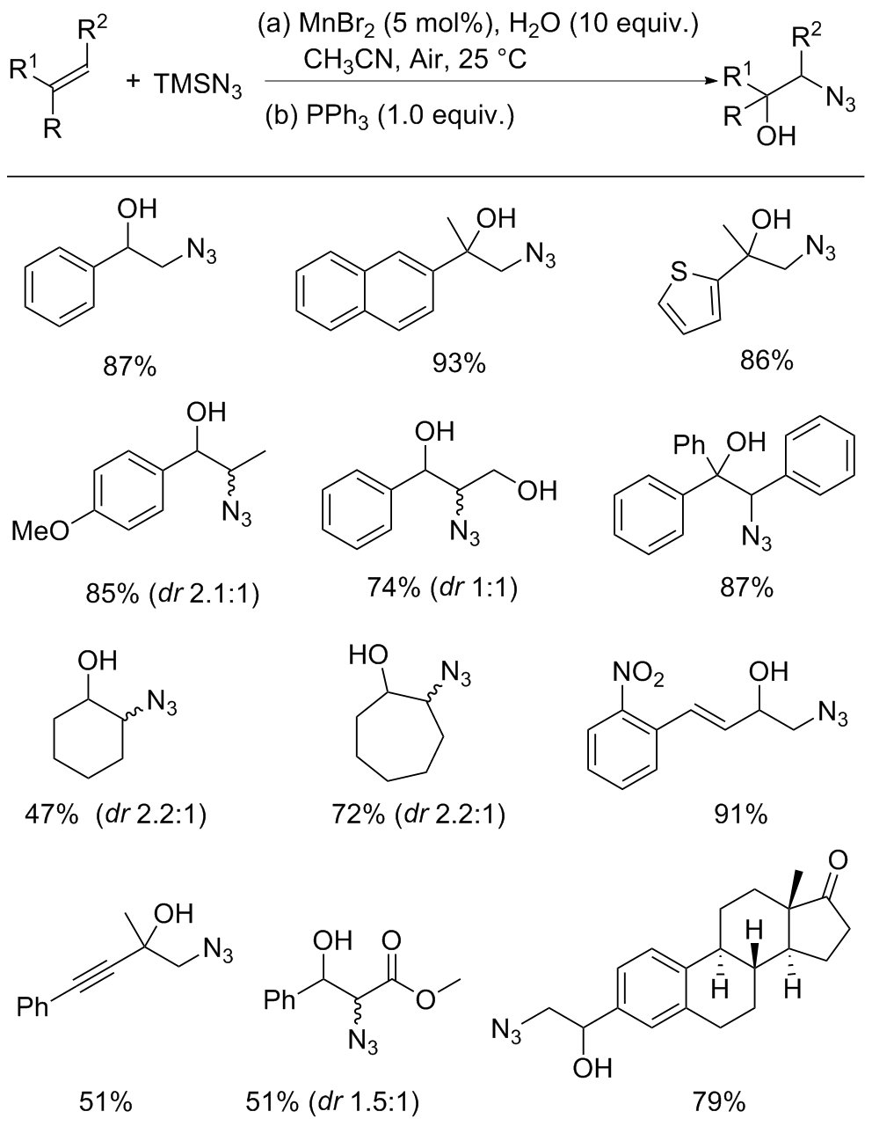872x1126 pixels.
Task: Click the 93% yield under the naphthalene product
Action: click(x=460, y=365)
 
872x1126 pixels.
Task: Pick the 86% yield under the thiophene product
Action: click(x=767, y=361)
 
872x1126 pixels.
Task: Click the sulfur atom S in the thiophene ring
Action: click(x=679, y=272)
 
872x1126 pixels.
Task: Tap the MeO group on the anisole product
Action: click(x=40, y=530)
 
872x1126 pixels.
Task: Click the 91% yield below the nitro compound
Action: click(x=741, y=815)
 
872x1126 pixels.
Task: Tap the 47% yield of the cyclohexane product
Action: click(x=52, y=815)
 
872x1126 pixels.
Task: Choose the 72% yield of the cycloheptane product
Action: click(x=359, y=815)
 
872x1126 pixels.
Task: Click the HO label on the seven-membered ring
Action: click(x=368, y=655)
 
